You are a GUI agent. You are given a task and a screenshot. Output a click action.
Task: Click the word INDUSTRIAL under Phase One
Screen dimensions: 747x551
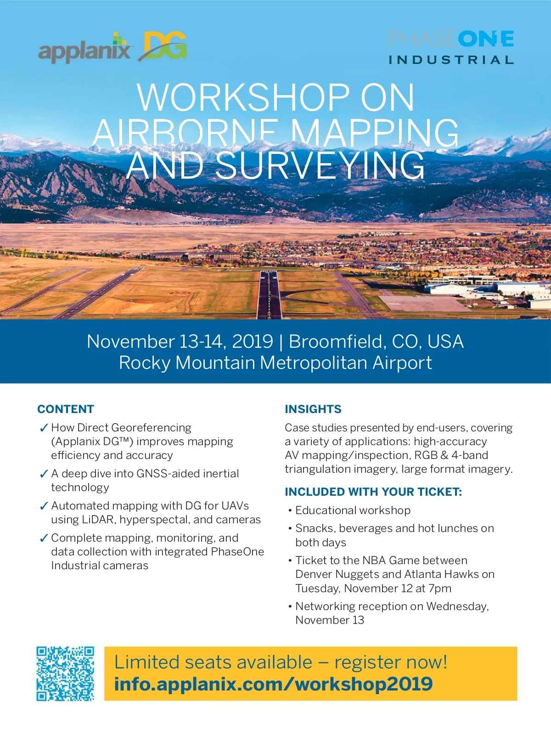pos(450,60)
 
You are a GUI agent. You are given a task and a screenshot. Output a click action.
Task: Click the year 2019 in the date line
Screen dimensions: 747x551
pos(253,342)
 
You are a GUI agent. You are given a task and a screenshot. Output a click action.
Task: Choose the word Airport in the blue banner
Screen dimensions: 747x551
pos(402,363)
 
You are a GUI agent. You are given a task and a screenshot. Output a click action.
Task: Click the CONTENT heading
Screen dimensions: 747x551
pos(66,409)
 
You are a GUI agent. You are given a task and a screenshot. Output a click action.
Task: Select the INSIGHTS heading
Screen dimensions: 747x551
pos(313,409)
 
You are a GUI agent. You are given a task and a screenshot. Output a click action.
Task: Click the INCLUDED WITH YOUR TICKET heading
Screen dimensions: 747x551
pos(373,492)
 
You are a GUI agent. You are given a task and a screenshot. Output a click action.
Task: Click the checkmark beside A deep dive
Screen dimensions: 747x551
pos(44,474)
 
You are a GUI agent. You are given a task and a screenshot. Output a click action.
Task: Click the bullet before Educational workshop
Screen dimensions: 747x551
pos(290,511)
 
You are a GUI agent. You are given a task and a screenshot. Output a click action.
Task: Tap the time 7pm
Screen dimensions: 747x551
pos(440,589)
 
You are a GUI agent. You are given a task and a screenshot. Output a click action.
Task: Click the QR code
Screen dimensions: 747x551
pos(65,673)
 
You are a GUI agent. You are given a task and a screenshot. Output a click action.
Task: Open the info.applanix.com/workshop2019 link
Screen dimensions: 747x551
pos(273,684)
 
